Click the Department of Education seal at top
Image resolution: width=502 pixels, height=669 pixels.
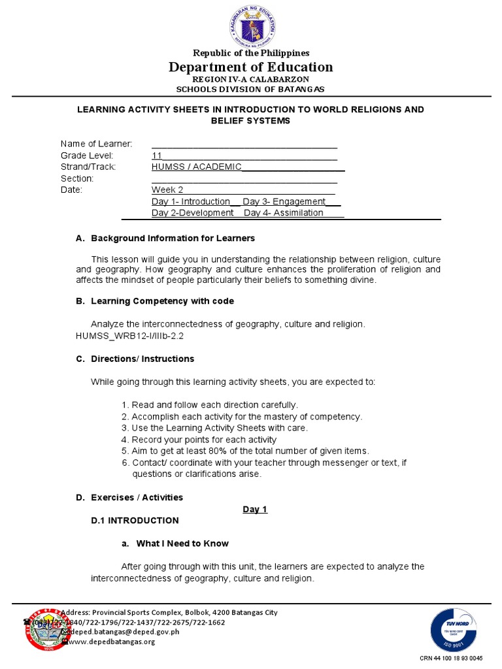[250, 25]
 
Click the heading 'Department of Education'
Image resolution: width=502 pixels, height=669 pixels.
[250, 67]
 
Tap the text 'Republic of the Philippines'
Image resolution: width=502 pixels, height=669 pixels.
[250, 53]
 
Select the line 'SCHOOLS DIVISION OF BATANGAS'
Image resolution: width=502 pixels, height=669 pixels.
[250, 89]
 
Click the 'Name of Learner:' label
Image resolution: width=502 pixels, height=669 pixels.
[97, 144]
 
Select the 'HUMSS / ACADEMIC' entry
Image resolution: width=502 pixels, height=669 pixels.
[197, 167]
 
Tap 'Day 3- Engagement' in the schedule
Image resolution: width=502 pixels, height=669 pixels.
[284, 202]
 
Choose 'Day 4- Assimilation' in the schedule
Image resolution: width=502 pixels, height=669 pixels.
[283, 213]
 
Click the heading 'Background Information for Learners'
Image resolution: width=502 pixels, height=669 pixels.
[173, 238]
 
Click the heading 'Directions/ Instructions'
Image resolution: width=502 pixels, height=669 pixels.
[142, 359]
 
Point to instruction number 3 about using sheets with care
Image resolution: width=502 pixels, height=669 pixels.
[219, 428]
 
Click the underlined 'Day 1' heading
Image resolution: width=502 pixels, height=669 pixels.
[255, 510]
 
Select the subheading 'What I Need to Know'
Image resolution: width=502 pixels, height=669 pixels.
[182, 544]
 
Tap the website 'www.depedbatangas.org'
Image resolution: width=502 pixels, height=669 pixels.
[112, 642]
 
